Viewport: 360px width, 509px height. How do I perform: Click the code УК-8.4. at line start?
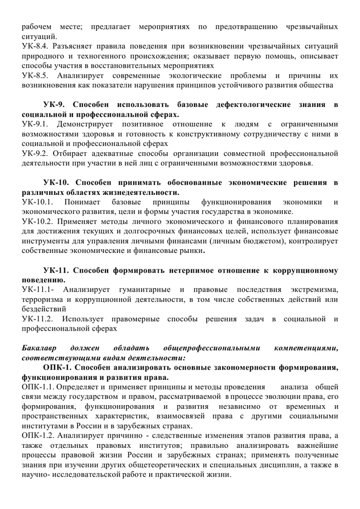(x=34, y=46)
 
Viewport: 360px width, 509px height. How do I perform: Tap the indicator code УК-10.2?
(x=37, y=222)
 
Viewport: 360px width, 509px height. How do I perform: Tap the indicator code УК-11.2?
(x=37, y=319)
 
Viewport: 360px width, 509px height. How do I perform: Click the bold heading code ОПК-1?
(x=59, y=368)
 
